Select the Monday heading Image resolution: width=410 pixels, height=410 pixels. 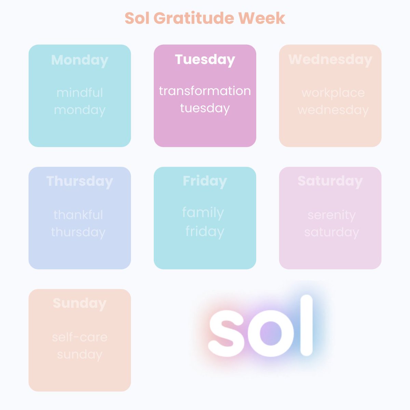[80, 60]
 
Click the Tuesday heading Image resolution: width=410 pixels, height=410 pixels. [205, 59]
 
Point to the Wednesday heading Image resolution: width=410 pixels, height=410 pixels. [330, 59]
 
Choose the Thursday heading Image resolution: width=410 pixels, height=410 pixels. [80, 181]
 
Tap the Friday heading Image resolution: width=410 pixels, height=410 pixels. [205, 181]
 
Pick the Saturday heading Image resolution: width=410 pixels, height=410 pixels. [330, 181]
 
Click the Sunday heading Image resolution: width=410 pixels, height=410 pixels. [80, 303]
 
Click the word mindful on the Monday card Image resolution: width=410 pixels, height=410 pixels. [80, 93]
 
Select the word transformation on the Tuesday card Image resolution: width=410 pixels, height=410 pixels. [205, 91]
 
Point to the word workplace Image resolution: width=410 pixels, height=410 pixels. [333, 93]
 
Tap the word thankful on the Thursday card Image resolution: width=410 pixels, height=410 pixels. [78, 215]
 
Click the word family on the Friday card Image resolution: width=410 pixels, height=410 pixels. [203, 213]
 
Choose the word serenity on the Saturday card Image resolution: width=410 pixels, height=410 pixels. [332, 215]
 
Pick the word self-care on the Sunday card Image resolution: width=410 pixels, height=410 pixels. [80, 337]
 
